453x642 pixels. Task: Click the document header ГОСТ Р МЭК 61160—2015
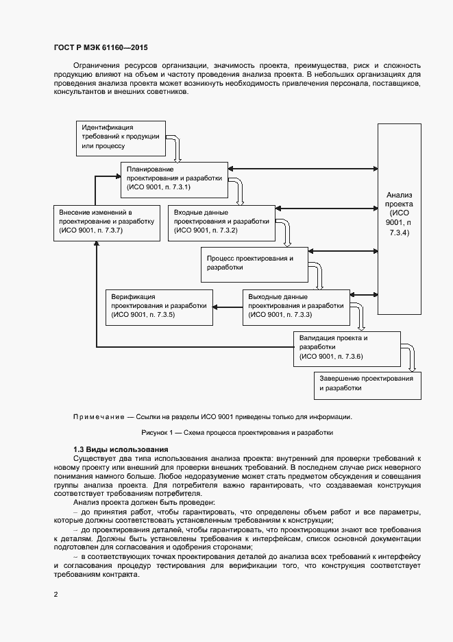101,48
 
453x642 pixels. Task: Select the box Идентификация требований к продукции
120,136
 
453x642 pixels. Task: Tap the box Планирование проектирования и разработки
174,178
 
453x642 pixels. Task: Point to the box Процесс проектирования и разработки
254,263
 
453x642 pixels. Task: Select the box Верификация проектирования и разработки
158,305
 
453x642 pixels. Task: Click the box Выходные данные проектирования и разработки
295,306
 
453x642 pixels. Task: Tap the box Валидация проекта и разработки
347,348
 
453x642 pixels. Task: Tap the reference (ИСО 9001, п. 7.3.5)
143,314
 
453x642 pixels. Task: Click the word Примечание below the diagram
97,416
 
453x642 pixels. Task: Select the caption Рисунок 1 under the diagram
236,433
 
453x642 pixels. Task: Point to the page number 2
56,594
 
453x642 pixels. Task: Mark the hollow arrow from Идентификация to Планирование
175,147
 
